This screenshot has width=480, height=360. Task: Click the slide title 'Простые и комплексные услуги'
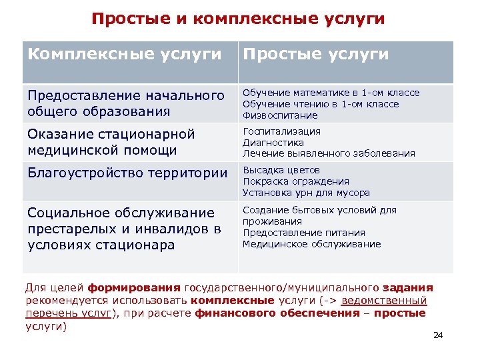click(238, 19)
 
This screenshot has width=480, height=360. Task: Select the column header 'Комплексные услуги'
click(124, 54)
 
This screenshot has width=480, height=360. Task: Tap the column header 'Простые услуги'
click(315, 54)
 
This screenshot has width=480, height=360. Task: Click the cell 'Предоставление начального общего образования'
click(126, 103)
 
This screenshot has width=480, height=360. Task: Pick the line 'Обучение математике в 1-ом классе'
click(331, 93)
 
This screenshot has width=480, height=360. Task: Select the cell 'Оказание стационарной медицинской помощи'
click(111, 142)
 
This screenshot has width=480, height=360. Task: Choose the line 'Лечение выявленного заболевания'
click(328, 154)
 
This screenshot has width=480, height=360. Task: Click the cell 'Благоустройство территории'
click(127, 173)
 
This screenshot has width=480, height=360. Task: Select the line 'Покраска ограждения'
click(295, 181)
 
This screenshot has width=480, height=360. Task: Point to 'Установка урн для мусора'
click(306, 193)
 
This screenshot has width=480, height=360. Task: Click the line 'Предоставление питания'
click(303, 233)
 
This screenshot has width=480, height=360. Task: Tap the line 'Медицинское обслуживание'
click(311, 244)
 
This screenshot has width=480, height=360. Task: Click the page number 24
click(438, 335)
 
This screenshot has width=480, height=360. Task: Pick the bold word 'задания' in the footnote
click(408, 288)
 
